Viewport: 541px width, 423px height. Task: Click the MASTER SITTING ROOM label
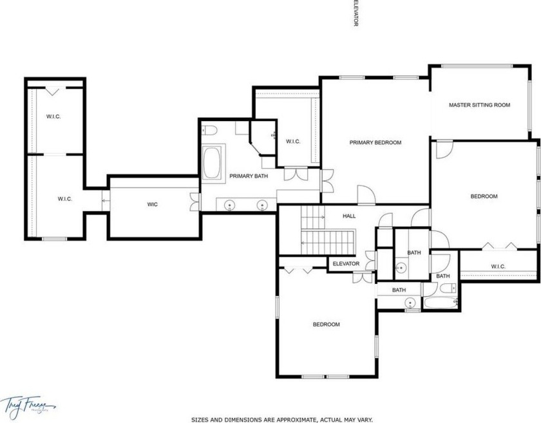coord(479,104)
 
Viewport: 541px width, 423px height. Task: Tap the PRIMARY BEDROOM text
coord(375,142)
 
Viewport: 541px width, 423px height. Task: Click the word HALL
coord(348,216)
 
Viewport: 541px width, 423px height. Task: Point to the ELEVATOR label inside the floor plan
coord(346,264)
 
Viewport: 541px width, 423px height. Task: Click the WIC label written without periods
coord(153,205)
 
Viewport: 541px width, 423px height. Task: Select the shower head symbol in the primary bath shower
coord(274,136)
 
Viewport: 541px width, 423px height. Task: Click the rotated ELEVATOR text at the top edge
coord(355,13)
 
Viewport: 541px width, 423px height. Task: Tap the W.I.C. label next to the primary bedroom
coord(293,142)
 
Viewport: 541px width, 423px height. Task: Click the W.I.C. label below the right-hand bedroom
coord(498,267)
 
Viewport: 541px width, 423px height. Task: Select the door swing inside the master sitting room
coord(443,149)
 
